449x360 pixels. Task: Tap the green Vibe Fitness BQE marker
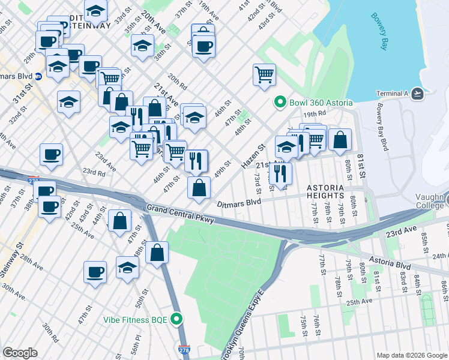click(177, 319)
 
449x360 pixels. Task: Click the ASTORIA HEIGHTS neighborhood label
click(325, 191)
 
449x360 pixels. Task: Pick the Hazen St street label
click(253, 155)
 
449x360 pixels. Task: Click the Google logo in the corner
click(20, 353)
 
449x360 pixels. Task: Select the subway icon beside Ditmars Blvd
click(38, 76)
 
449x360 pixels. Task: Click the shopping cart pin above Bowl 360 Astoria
click(264, 75)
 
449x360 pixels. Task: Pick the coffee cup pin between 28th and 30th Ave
click(95, 272)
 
